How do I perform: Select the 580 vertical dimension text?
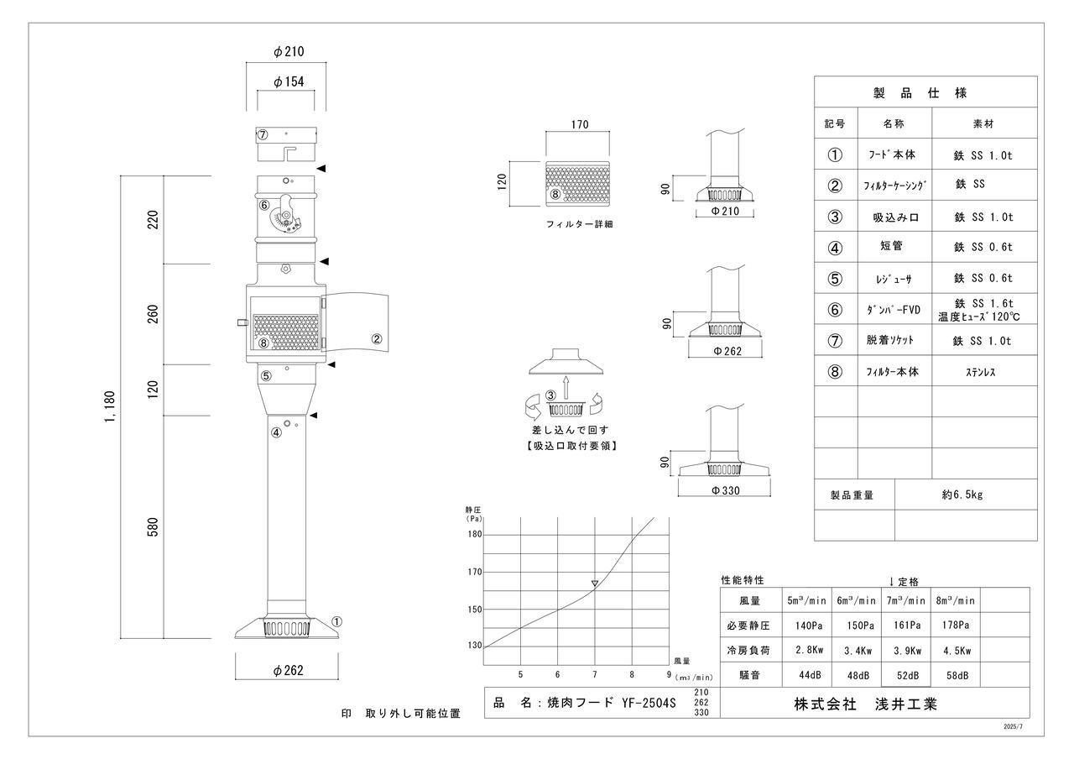point(153,527)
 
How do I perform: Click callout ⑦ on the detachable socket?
point(263,134)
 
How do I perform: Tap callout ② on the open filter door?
point(377,339)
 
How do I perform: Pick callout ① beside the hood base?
point(337,622)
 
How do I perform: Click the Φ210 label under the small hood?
point(726,212)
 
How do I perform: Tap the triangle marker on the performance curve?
point(595,583)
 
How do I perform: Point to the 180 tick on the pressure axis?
point(475,535)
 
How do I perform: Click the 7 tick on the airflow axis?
point(595,675)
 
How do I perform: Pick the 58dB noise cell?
point(955,675)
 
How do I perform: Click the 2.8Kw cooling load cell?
point(807,650)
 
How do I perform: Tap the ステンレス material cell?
point(983,371)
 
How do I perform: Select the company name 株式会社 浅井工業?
point(865,704)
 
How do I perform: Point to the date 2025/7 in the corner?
point(1013,727)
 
